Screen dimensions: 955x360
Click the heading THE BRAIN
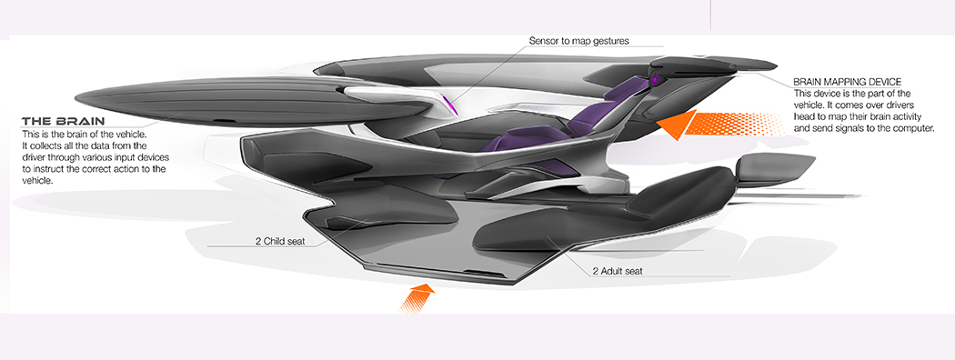(x=63, y=121)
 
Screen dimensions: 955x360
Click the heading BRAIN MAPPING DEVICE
(x=848, y=82)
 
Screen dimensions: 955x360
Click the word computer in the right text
(x=909, y=129)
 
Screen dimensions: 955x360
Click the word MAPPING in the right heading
(x=852, y=82)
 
